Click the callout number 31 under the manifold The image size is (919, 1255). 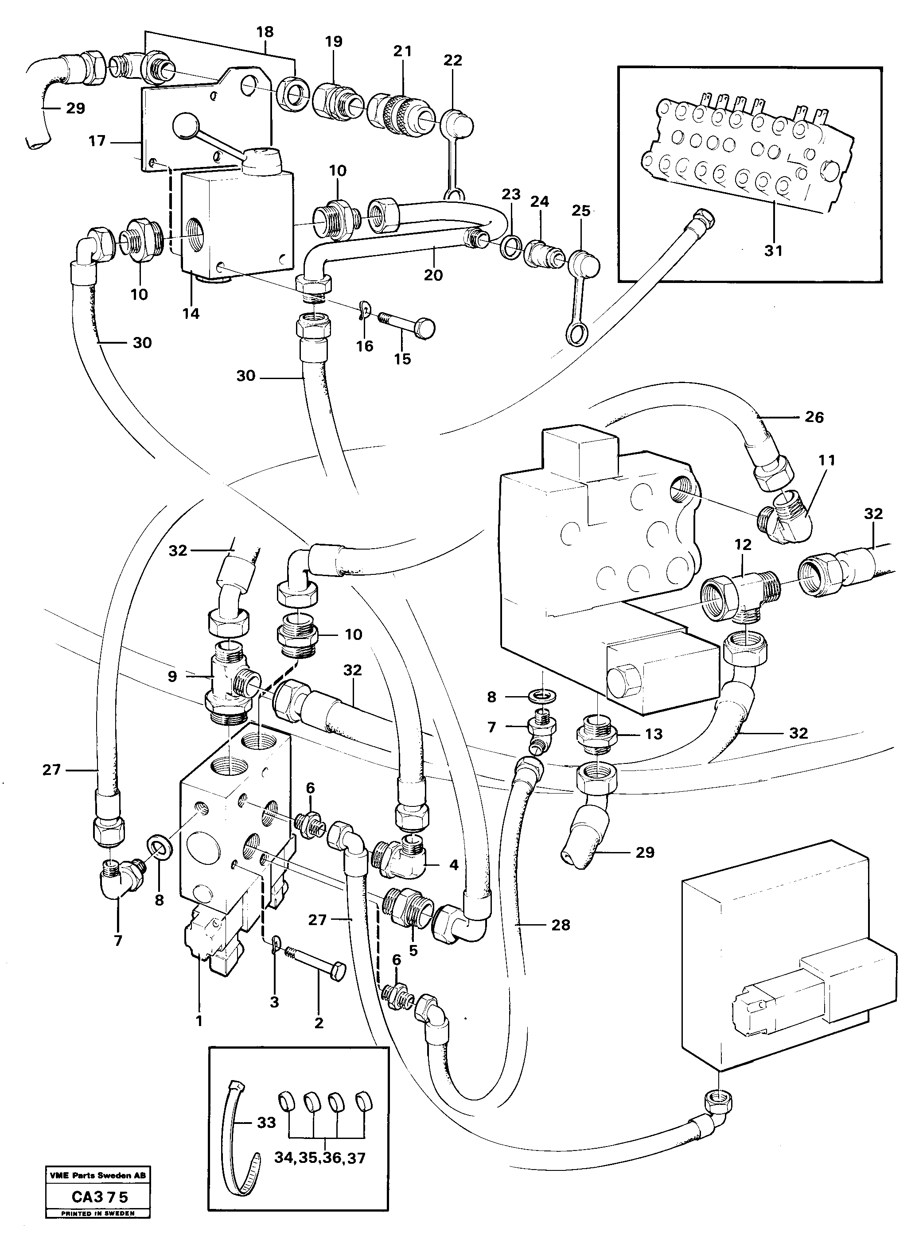pyautogui.click(x=773, y=251)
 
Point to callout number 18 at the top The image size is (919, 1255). pyautogui.click(x=265, y=32)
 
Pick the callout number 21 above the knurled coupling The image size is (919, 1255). pyautogui.click(x=402, y=51)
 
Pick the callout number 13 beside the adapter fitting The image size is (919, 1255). pyautogui.click(x=653, y=734)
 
